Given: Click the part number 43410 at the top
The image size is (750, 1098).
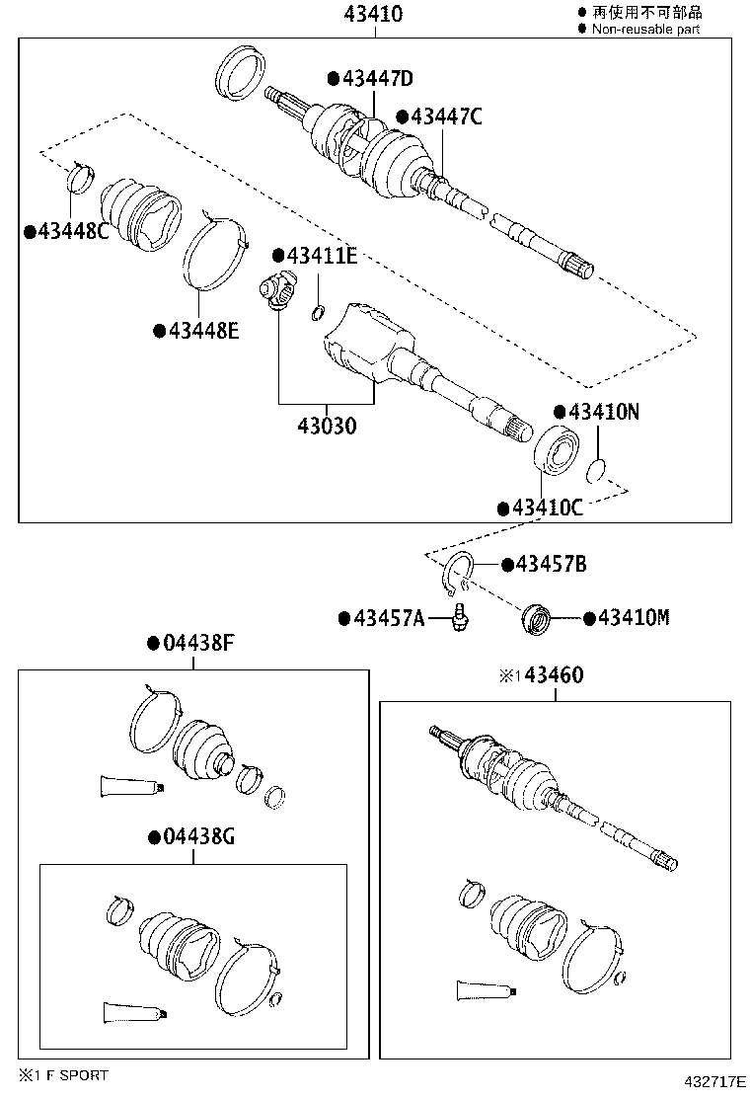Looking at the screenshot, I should pyautogui.click(x=375, y=14).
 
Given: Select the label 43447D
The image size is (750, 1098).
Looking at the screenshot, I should pyautogui.click(x=375, y=78).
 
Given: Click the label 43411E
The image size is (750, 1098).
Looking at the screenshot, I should pyautogui.click(x=321, y=256).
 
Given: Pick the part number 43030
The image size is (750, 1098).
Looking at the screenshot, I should pyautogui.click(x=327, y=427).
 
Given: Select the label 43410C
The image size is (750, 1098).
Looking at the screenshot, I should pyautogui.click(x=546, y=508).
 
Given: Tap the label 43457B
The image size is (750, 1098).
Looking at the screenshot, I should pyautogui.click(x=550, y=564).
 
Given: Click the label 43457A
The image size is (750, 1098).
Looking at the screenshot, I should pyautogui.click(x=387, y=618).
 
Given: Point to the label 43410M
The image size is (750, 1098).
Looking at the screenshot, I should pyautogui.click(x=632, y=618).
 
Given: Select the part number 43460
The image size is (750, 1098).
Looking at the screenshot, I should pyautogui.click(x=554, y=675).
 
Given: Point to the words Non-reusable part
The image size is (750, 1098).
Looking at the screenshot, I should pyautogui.click(x=646, y=30).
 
